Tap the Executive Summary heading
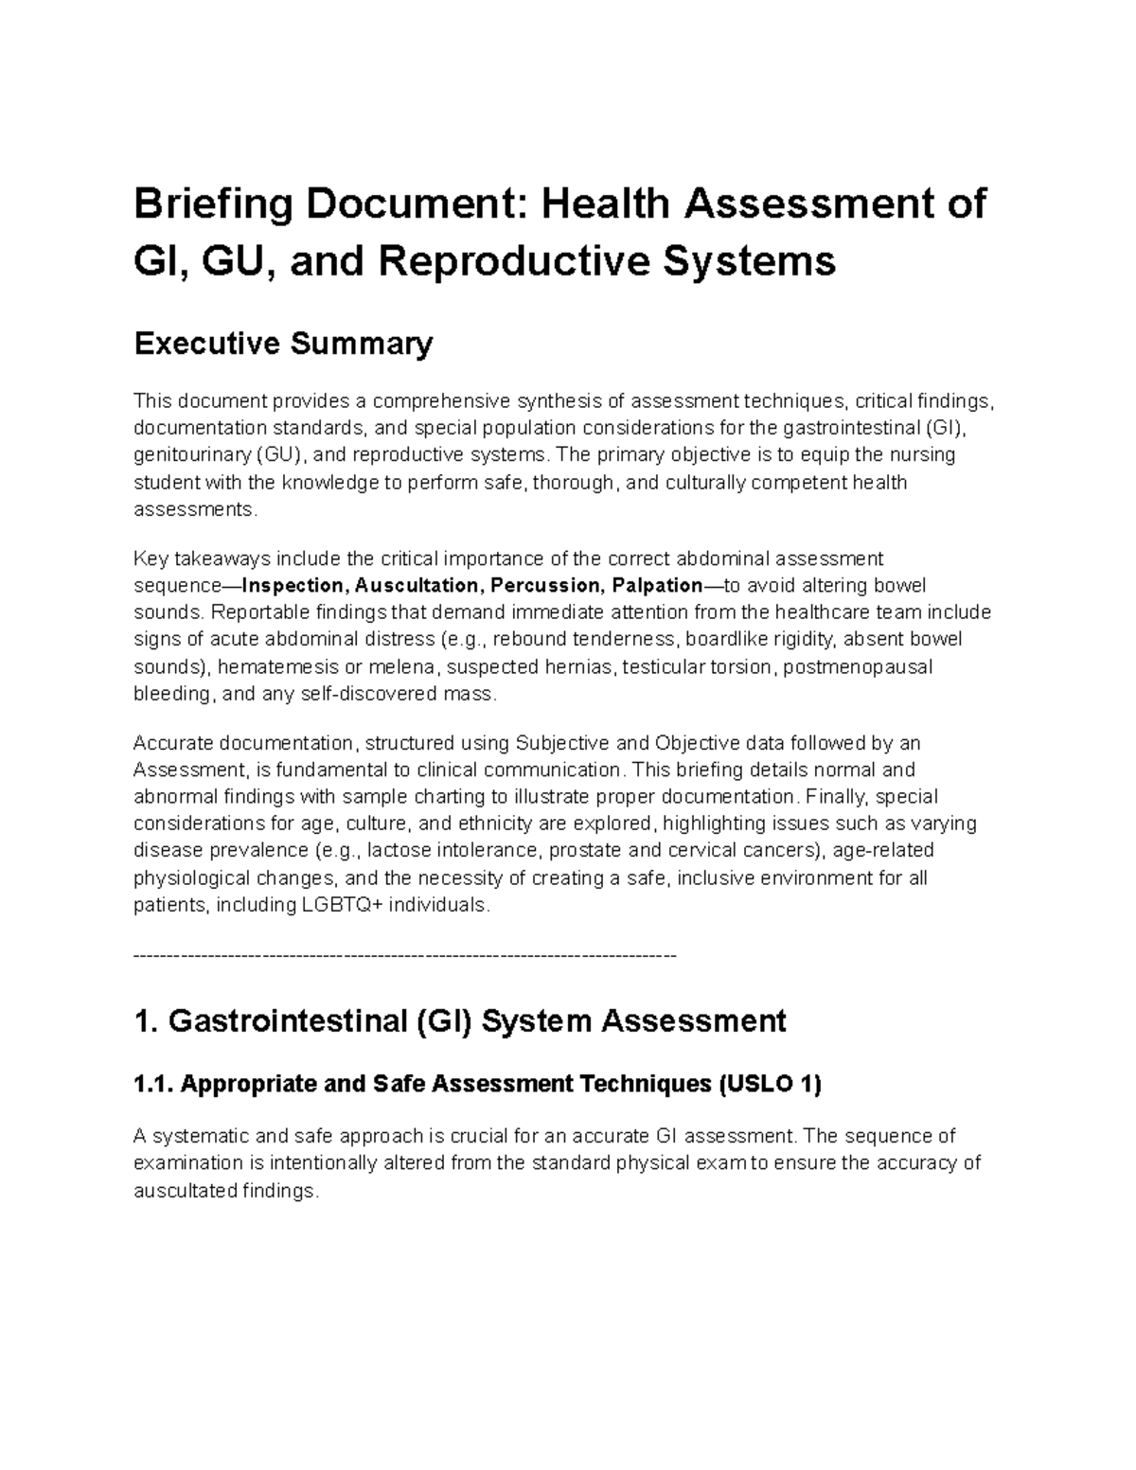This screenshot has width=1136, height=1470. coord(283,344)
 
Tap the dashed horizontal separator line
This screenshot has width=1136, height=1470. coord(405,955)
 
